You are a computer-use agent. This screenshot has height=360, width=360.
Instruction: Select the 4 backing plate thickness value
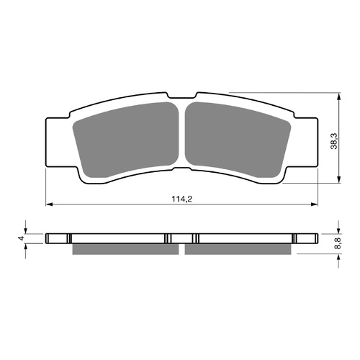(x=22, y=238)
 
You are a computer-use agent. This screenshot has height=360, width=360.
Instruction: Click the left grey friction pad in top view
(x=127, y=141)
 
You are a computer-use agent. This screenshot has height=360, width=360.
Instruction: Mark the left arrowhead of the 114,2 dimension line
(x=49, y=204)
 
